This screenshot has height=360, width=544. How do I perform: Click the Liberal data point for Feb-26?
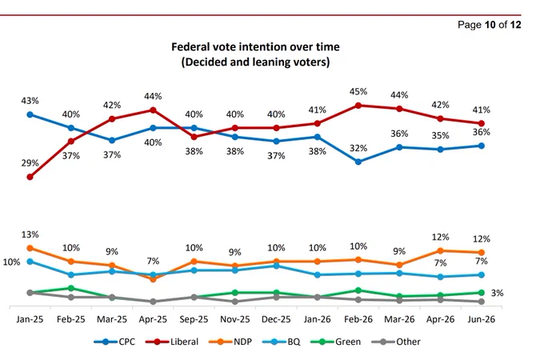coord(358,106)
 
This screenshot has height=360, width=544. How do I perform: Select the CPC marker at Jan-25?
coord(30,114)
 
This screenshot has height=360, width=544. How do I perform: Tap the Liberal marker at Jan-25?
coord(30,177)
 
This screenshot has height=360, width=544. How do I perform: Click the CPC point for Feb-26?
coord(358,162)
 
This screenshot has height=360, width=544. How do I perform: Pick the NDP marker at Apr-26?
coord(440,250)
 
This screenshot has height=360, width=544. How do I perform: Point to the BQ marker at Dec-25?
coord(276,266)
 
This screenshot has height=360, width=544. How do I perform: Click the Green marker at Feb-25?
coord(71,288)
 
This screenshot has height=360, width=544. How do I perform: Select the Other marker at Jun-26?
coord(482,302)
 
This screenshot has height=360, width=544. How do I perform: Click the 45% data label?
coord(358,91)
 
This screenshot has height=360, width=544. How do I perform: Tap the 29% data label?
coord(30,163)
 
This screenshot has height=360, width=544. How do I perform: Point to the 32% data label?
coord(358,148)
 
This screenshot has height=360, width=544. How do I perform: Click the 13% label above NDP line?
coord(30,234)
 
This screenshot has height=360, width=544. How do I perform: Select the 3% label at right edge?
coord(497,293)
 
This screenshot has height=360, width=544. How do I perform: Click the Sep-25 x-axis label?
coord(194,319)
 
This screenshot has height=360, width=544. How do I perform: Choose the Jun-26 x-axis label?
coord(482,319)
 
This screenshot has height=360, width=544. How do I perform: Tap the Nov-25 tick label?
coord(235,319)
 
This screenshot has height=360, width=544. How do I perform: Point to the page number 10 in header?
coord(490,25)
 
